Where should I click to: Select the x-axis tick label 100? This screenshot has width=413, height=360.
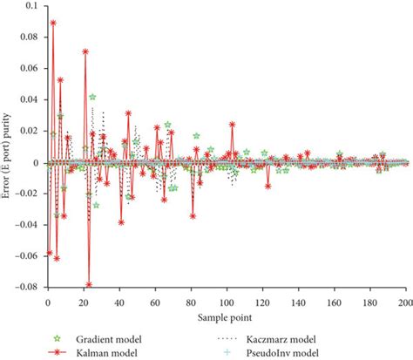tap(227, 302)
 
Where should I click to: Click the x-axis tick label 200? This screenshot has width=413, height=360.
tap(403, 302)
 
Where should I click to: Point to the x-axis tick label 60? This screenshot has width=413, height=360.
tap(155, 302)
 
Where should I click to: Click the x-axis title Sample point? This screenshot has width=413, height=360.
tap(226, 316)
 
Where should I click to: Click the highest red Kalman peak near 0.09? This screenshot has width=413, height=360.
tap(53, 23)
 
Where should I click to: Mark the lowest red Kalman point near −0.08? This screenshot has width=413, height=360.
tap(89, 284)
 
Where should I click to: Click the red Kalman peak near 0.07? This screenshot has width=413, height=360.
tap(85, 51)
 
